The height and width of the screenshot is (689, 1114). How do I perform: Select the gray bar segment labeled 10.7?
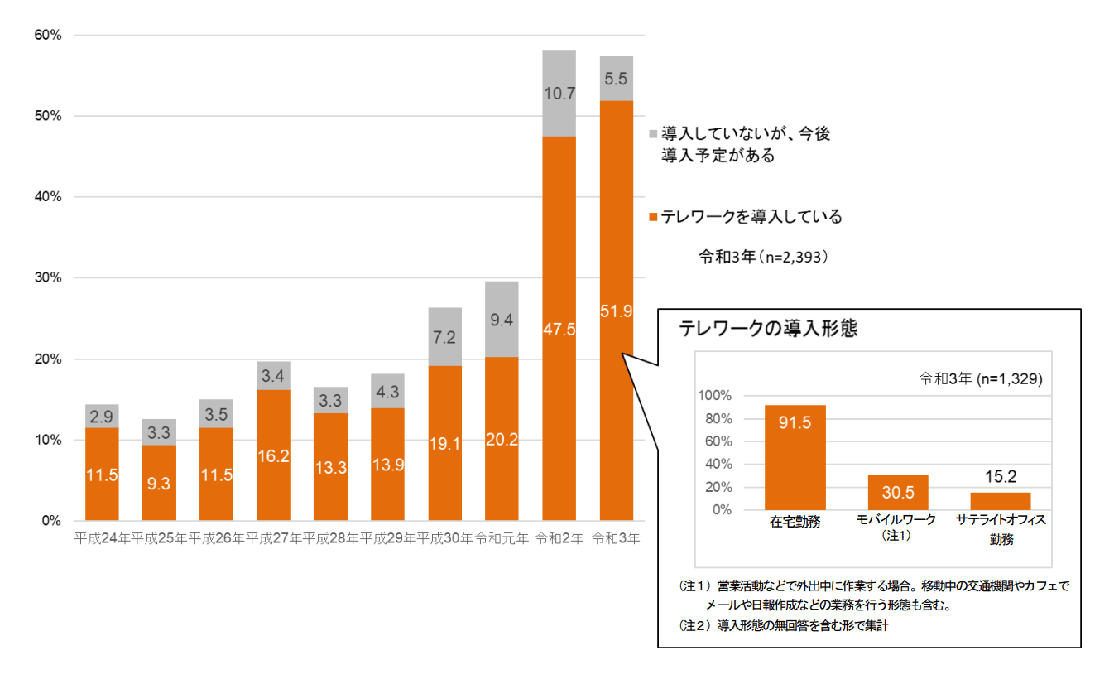click(559, 94)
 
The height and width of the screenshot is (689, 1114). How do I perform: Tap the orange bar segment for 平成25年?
click(159, 483)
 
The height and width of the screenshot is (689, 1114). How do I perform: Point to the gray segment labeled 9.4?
click(502, 319)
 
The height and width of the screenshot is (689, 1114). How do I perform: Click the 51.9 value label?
click(617, 311)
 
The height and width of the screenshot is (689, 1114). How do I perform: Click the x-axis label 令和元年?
click(502, 538)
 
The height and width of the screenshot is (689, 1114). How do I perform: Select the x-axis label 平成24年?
click(102, 538)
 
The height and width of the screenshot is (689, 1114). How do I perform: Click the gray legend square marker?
click(653, 133)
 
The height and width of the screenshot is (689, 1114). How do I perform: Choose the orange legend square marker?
click(653, 217)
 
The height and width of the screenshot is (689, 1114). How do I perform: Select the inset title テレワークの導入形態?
click(768, 328)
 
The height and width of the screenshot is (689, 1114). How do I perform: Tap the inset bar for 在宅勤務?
click(795, 457)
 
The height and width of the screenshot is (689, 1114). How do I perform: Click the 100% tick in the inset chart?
click(715, 396)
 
